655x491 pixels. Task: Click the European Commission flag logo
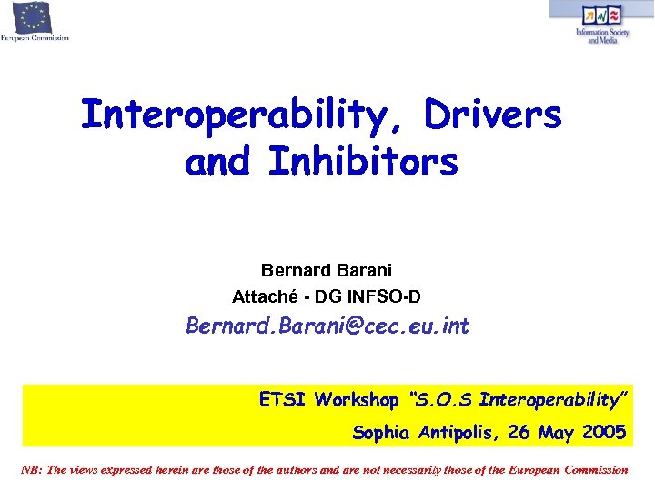tap(33, 17)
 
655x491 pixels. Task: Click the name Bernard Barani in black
tap(327, 270)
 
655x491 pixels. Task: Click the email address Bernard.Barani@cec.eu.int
tap(327, 326)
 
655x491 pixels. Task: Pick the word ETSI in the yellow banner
tap(283, 399)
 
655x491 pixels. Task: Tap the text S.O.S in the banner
tap(446, 399)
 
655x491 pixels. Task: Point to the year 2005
tap(602, 433)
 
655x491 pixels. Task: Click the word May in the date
tap(556, 434)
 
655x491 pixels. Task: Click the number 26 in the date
tap(520, 433)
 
